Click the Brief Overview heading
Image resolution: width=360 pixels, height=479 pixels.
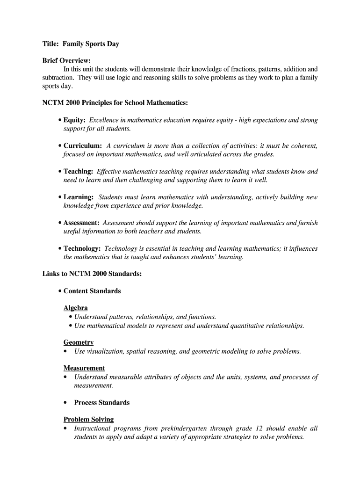(x=66, y=61)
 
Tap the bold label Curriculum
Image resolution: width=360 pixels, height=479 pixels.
(x=82, y=146)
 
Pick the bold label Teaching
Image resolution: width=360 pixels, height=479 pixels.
(x=78, y=172)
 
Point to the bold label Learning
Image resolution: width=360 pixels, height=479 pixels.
(x=78, y=197)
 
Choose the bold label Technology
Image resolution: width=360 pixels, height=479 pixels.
(x=82, y=248)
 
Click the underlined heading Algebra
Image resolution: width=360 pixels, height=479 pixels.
(x=76, y=308)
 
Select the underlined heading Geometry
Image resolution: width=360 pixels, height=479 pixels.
(x=79, y=342)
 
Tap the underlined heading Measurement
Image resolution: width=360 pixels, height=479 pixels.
(x=84, y=368)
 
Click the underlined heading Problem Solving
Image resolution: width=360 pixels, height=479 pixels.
(x=88, y=420)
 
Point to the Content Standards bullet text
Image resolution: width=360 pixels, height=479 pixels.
(x=92, y=291)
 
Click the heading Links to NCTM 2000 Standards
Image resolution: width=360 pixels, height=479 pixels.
(x=92, y=274)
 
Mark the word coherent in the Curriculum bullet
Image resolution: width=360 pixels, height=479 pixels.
(x=304, y=146)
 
